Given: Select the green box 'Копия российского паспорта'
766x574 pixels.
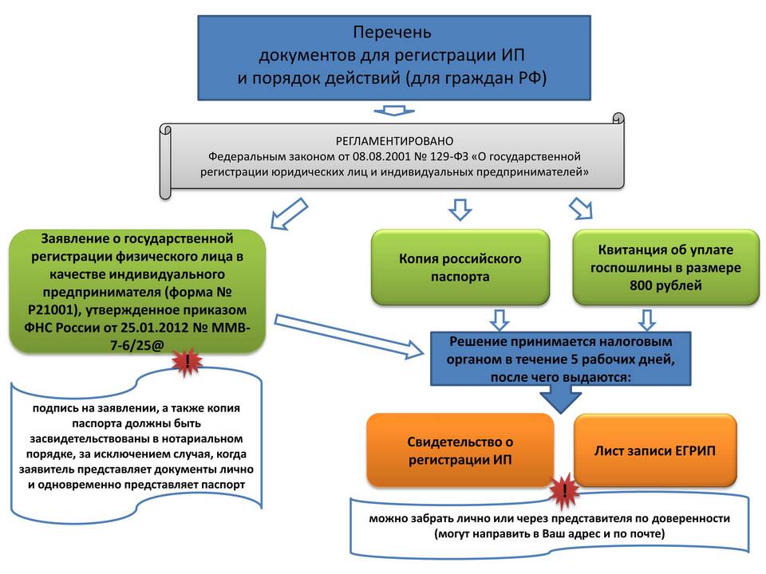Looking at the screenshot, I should (460, 268).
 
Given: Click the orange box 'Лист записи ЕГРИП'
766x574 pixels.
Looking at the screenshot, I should (654, 450).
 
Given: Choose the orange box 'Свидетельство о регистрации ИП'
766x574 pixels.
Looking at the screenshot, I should (460, 450).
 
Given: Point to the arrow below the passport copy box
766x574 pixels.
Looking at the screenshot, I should (499, 319).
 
